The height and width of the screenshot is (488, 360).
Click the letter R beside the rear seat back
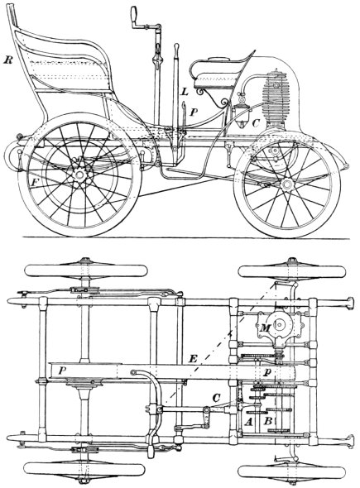pos(7,60)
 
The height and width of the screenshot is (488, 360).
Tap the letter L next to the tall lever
pos(185,92)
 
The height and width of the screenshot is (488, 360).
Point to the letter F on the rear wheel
pos(35,182)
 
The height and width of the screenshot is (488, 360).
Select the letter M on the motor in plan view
pos(266,328)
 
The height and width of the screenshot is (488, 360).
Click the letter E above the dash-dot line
pos(193,359)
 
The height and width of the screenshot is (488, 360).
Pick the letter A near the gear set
pos(248,422)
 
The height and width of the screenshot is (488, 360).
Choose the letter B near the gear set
pos(268,421)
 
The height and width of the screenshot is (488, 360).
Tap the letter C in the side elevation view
pos(256,123)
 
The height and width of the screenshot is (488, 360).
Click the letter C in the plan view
pos(217,398)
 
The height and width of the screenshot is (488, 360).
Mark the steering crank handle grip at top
pos(134,14)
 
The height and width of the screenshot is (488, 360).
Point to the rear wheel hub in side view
pos(79,175)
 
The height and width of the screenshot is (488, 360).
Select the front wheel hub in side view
pos(286,184)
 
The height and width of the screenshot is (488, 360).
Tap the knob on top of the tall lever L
pos(176,46)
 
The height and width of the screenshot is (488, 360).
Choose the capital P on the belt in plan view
pos(63,370)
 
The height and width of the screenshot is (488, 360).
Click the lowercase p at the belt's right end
pos(266,372)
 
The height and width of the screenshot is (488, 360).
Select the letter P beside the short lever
pos(194,112)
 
